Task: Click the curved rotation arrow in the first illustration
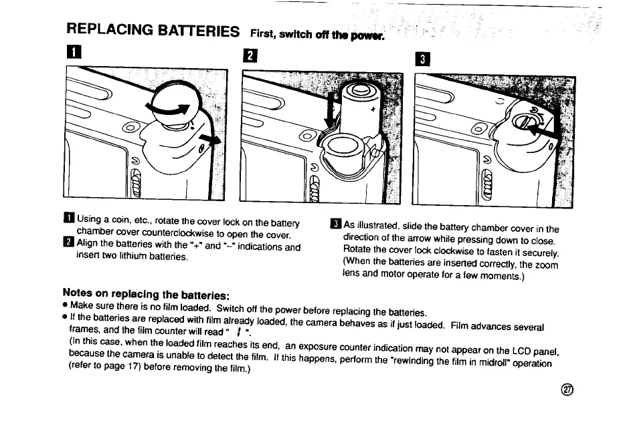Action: coord(167,110)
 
